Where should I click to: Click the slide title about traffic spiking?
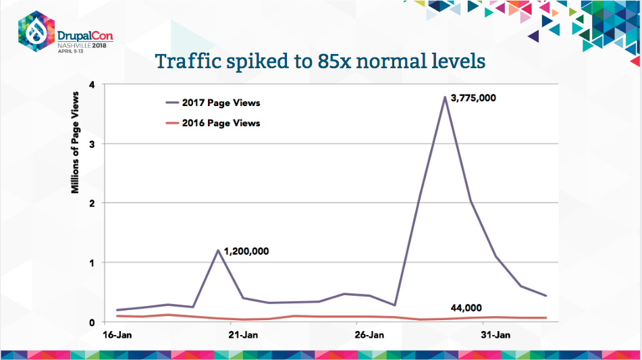(x=321, y=61)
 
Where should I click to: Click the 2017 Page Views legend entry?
(x=214, y=103)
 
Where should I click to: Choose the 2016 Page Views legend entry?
(x=214, y=123)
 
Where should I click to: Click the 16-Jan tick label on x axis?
(x=117, y=334)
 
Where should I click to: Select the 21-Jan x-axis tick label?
(x=243, y=334)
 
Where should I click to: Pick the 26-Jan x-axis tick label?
(x=369, y=334)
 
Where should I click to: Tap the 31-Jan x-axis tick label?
(x=494, y=334)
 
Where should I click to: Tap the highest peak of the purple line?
(x=445, y=97)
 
